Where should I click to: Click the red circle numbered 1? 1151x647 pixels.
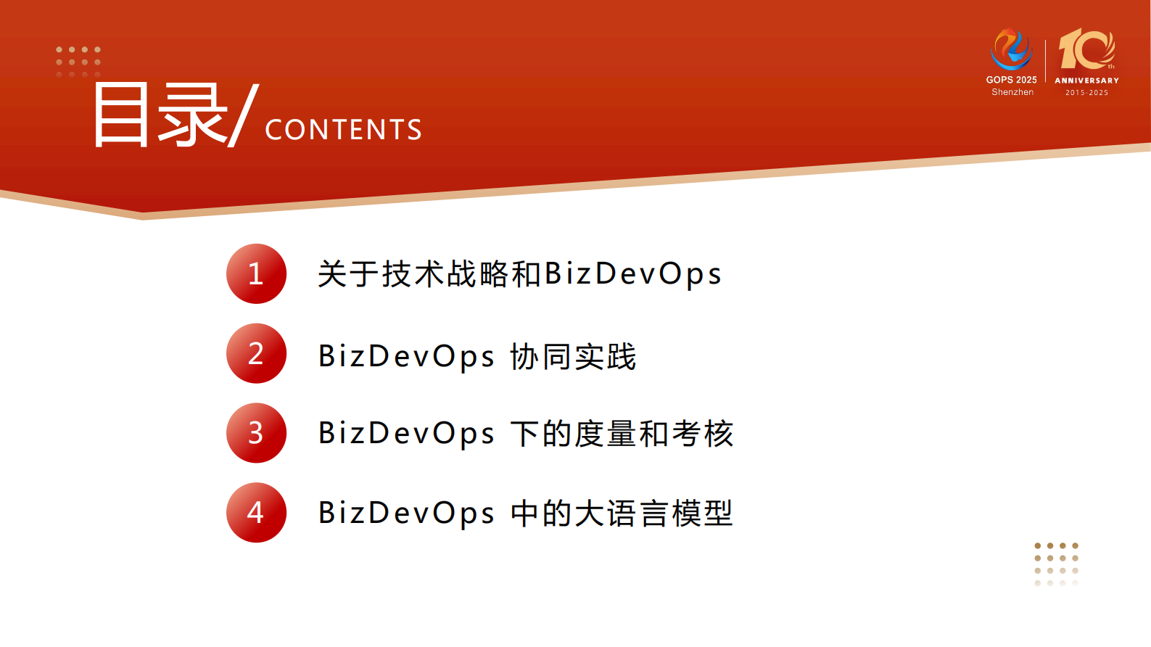256,273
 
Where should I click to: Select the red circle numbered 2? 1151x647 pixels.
256,353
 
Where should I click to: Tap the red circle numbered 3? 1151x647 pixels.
256,433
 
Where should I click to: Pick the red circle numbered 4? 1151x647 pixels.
256,513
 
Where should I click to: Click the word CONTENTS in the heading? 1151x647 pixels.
343,130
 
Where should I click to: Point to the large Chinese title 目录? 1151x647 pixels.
160,115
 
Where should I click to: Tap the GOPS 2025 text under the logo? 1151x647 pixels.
1011,80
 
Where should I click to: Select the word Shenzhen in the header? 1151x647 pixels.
1012,92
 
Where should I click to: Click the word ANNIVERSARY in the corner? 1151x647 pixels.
1086,81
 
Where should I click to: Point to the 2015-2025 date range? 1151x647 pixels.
1086,93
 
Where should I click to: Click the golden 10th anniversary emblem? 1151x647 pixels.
1086,49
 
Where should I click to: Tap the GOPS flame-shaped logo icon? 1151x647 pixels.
1011,49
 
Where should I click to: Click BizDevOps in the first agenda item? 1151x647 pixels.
632,274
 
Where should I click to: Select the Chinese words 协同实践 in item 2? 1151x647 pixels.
573,357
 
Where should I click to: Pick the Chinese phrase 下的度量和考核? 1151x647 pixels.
622,434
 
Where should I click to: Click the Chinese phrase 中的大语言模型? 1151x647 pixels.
622,514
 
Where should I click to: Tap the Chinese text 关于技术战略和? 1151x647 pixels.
430,274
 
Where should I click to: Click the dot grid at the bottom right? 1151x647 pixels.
1056,564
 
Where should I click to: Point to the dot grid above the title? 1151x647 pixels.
78,61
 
